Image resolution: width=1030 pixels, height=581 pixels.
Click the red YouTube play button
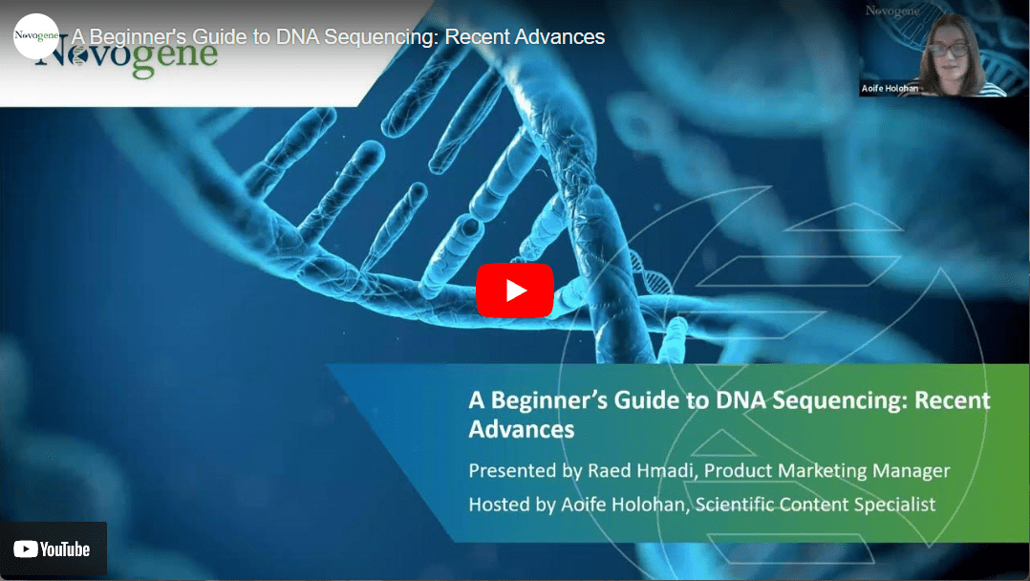pyautogui.click(x=515, y=290)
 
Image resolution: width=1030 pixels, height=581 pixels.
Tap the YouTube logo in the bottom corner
pyautogui.click(x=52, y=549)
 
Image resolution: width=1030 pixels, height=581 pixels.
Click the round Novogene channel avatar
pyautogui.click(x=36, y=36)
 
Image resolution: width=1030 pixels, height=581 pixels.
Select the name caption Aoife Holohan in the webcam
pyautogui.click(x=890, y=88)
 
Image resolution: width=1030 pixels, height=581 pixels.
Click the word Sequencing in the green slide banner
pyautogui.click(x=840, y=400)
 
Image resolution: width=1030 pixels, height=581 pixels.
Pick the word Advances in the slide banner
pyautogui.click(x=522, y=429)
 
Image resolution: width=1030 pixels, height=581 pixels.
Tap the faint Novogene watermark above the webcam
pyautogui.click(x=892, y=11)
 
